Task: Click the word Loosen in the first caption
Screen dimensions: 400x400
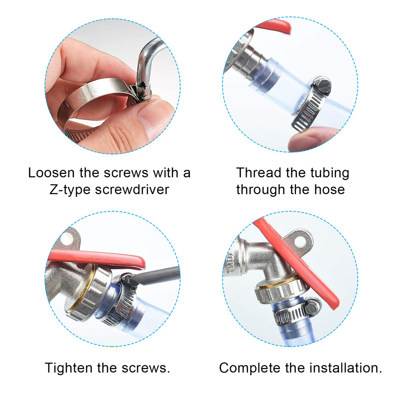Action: coord(52,173)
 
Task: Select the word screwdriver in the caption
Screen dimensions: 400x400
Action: coord(132,190)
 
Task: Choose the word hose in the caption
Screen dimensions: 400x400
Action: coord(329,190)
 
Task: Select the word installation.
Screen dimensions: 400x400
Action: coord(346,368)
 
